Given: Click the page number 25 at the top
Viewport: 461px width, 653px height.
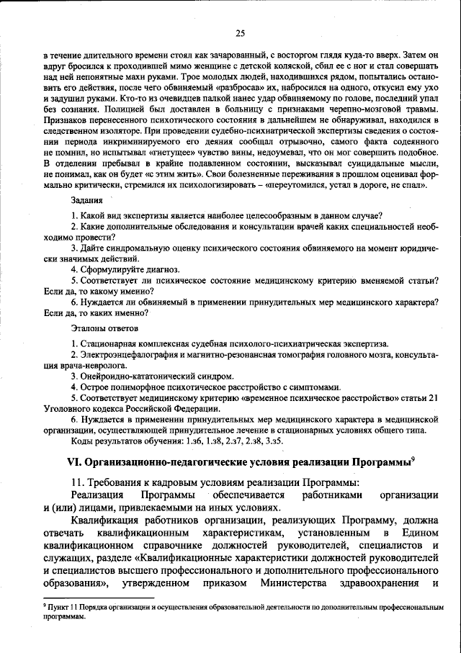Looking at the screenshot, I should (240, 32).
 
